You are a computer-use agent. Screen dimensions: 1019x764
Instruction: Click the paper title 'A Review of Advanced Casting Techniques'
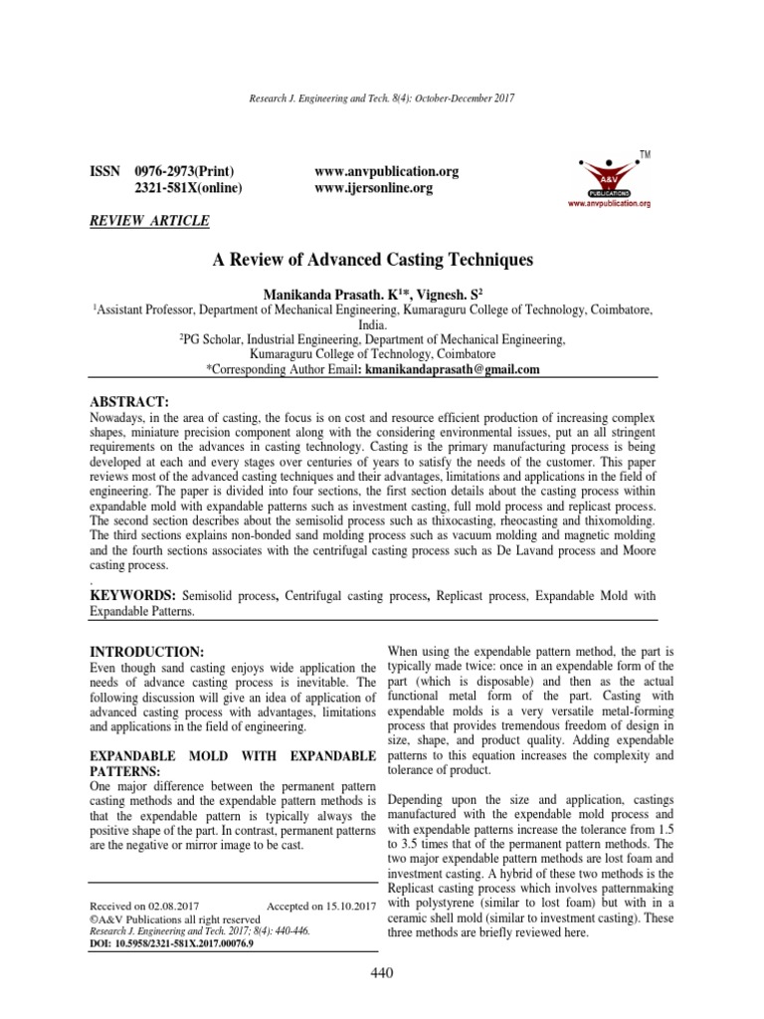tap(373, 260)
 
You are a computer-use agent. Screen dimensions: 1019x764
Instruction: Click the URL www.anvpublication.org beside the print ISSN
tap(386, 171)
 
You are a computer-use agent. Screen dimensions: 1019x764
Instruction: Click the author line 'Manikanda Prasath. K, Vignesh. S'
tap(373, 295)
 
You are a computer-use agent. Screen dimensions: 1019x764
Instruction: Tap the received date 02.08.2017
tap(177, 906)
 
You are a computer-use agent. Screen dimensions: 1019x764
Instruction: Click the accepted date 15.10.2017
tap(341, 906)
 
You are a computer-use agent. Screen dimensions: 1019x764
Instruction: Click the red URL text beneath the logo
tap(609, 204)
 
